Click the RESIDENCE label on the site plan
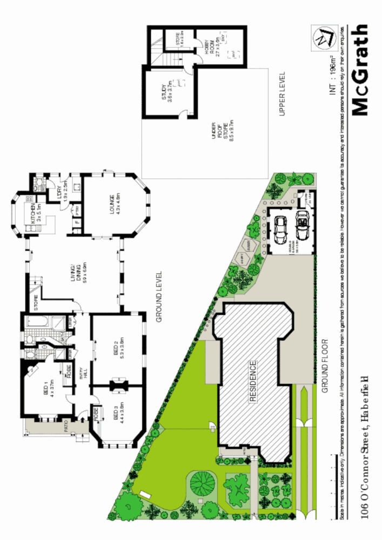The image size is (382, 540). point(252,381)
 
